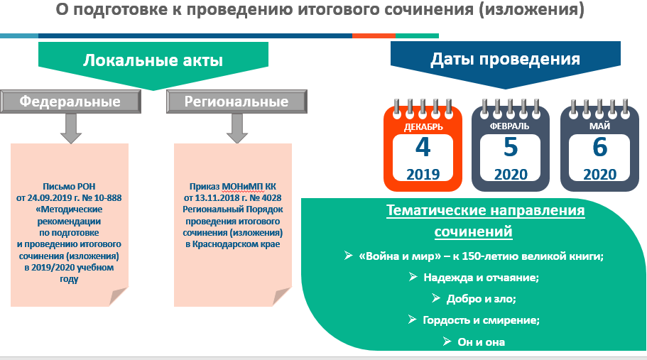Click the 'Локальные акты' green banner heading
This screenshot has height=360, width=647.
(153, 60)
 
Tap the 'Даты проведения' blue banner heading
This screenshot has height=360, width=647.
(506, 59)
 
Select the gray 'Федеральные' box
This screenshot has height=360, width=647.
(70, 102)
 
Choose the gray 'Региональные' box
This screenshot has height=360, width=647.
(236, 102)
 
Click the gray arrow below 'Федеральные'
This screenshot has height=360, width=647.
(71, 129)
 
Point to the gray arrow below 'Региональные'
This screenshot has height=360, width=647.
(237, 129)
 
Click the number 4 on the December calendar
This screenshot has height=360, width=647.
(423, 147)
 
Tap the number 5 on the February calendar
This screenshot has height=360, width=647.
(511, 147)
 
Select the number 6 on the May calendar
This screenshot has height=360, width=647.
(600, 147)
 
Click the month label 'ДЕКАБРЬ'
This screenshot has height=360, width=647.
(423, 127)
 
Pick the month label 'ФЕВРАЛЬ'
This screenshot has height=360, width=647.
(510, 126)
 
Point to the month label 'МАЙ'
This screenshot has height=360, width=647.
(599, 126)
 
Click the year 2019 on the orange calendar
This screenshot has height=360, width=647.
(423, 175)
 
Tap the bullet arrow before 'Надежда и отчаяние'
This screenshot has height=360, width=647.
(413, 277)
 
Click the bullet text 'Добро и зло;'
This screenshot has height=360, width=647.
(481, 298)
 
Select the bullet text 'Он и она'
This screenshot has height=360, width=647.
(481, 342)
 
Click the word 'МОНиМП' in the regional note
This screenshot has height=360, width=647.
(243, 187)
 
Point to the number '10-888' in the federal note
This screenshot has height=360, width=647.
(108, 198)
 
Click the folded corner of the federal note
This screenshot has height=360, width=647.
(119, 297)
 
